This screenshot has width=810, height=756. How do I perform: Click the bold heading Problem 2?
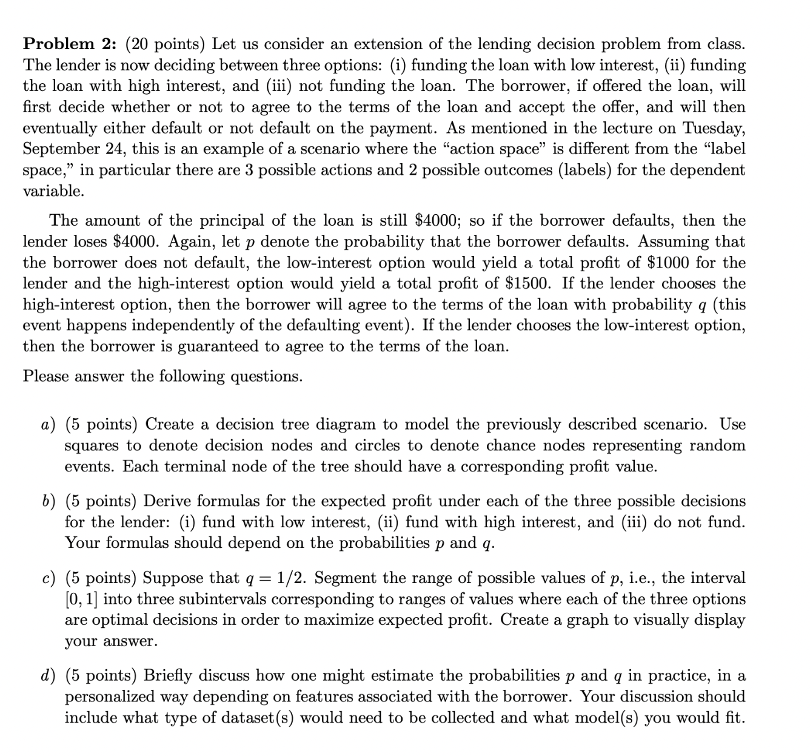[x=69, y=44]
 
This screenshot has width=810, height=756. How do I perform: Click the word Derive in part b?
[x=168, y=501]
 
